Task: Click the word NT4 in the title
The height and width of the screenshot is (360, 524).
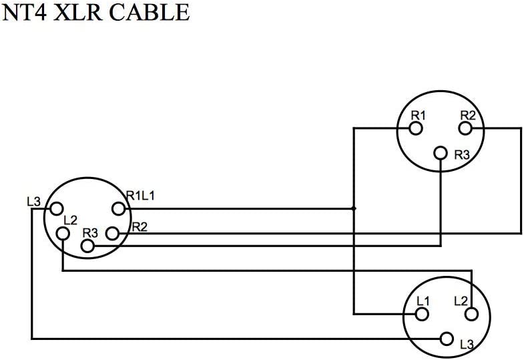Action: click(26, 13)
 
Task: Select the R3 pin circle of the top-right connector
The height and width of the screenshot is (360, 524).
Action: click(440, 153)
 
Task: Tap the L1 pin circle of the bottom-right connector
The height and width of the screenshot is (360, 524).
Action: click(422, 313)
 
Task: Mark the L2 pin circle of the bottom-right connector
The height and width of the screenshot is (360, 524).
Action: click(471, 313)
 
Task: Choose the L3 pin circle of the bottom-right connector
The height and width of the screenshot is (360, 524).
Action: click(445, 339)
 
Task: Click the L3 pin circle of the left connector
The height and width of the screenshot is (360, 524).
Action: click(57, 208)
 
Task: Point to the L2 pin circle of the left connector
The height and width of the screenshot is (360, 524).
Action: click(63, 233)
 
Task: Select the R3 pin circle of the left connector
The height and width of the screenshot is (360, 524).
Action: click(87, 246)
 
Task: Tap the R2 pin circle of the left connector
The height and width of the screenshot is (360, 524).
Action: click(113, 233)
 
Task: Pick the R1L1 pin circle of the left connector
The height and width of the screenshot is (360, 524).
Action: click(119, 208)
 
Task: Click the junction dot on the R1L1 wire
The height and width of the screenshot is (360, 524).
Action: click(354, 208)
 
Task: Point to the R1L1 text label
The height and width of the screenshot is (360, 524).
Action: click(142, 196)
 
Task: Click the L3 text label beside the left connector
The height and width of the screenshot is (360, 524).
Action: click(33, 201)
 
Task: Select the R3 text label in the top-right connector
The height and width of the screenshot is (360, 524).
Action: click(462, 155)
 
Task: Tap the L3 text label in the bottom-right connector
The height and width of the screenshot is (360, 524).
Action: click(467, 345)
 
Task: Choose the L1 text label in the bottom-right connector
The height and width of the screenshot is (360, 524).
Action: click(422, 301)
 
